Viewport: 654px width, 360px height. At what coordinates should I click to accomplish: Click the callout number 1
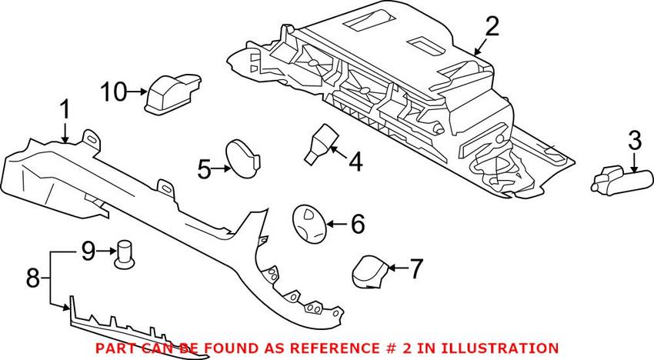tap(65, 111)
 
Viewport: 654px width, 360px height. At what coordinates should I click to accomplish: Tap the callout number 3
tap(634, 141)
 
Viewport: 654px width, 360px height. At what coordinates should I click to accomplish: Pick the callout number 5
tap(204, 168)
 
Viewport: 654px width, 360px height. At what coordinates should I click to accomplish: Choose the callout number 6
tap(357, 225)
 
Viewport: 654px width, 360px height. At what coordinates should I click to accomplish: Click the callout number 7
tap(415, 269)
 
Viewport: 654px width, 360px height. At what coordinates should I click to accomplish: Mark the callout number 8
tap(32, 277)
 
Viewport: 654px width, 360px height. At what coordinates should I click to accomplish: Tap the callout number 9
tap(88, 250)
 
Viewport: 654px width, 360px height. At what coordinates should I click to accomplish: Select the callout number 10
tap(113, 93)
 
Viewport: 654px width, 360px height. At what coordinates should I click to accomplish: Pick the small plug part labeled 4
tap(321, 143)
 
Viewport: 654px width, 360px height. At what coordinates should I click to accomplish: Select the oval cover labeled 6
tap(309, 223)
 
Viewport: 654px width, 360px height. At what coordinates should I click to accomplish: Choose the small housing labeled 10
tap(171, 93)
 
